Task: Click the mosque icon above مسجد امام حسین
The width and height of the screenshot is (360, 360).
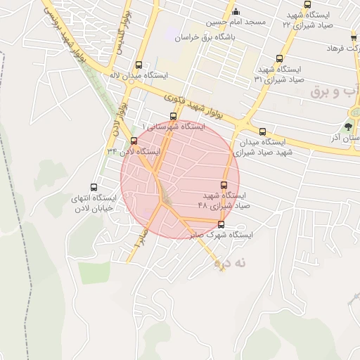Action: [x=236, y=11]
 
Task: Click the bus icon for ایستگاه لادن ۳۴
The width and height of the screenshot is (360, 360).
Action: [x=134, y=140]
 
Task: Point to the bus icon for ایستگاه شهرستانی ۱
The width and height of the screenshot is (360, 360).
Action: [x=173, y=116]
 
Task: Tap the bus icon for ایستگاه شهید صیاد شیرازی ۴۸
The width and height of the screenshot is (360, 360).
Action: [x=224, y=185]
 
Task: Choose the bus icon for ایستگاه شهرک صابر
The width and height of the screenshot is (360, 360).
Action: [x=221, y=225]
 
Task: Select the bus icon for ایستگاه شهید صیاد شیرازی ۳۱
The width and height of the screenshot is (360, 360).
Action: [x=280, y=59]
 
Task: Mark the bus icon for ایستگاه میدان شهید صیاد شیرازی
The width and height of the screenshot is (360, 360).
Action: [x=262, y=131]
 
